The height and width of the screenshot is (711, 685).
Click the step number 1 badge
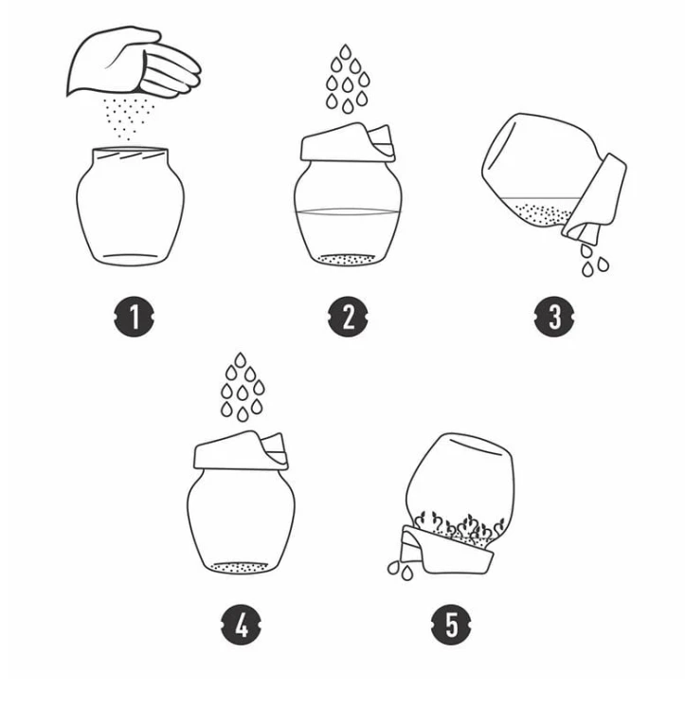pyautogui.click(x=134, y=317)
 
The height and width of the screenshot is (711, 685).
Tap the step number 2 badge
pyautogui.click(x=348, y=317)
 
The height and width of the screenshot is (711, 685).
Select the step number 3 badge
pyautogui.click(x=554, y=317)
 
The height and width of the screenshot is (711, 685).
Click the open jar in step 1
pyautogui.click(x=131, y=207)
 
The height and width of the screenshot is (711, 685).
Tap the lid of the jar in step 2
pyautogui.click(x=348, y=142)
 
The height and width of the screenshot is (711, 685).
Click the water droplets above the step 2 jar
pyautogui.click(x=348, y=79)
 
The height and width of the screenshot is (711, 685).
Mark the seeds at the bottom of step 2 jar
pyautogui.click(x=347, y=260)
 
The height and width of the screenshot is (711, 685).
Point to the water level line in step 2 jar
pyautogui.click(x=348, y=211)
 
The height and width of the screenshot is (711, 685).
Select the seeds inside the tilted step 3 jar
pyautogui.click(x=543, y=214)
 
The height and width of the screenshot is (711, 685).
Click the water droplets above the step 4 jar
pyautogui.click(x=243, y=387)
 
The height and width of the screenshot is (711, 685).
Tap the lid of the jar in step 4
pyautogui.click(x=241, y=450)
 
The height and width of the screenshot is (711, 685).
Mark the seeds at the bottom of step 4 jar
pyautogui.click(x=241, y=567)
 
